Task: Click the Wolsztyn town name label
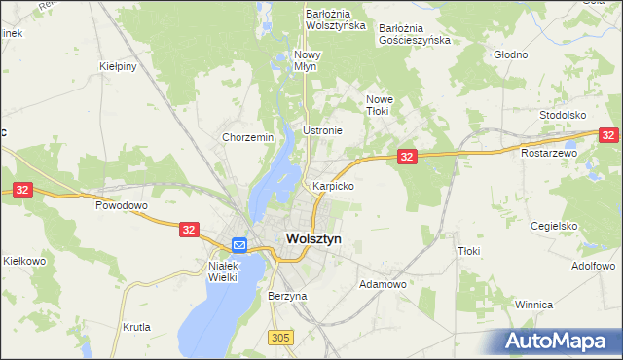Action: [x=312, y=238]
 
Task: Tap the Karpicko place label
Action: [x=333, y=185]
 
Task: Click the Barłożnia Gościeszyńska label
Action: [x=415, y=34]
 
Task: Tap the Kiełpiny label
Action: [x=117, y=66]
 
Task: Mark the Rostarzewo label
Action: [x=549, y=153]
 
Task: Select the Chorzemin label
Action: [x=247, y=138]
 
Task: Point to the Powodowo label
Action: [x=121, y=206]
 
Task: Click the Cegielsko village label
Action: [x=556, y=225]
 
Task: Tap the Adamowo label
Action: [x=383, y=284]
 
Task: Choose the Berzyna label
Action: [x=287, y=295]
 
